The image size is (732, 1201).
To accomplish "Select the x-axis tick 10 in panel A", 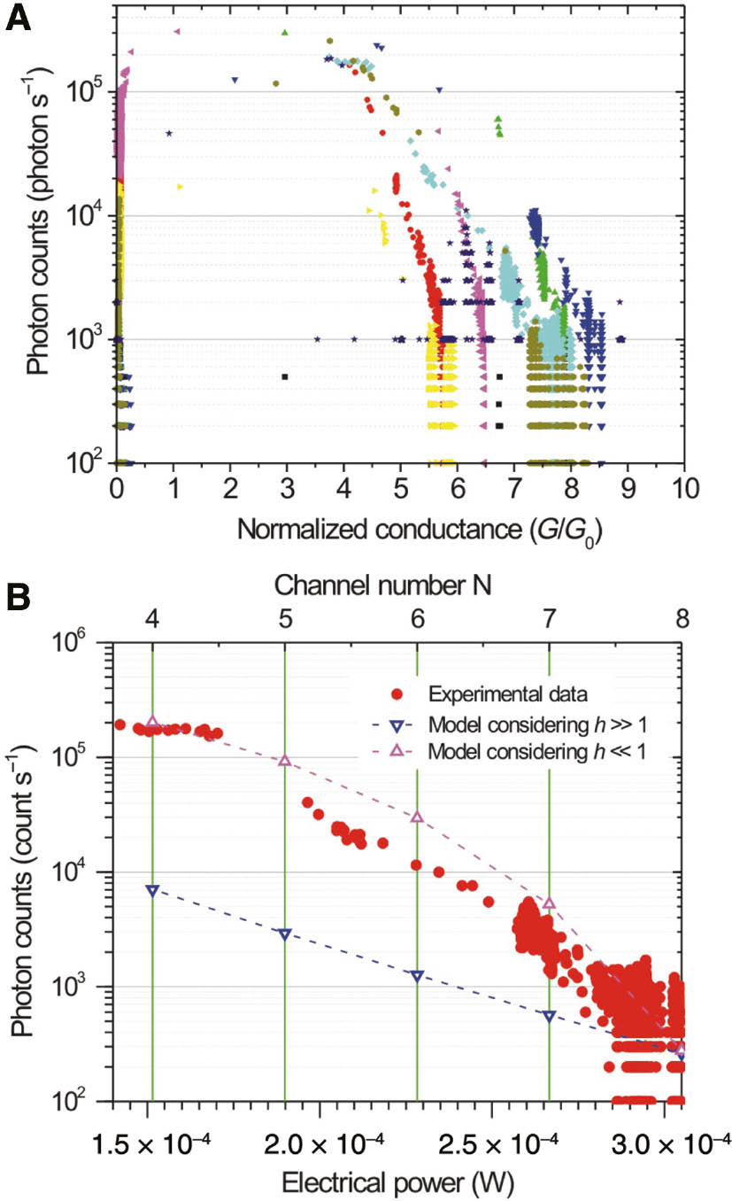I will pyautogui.click(x=683, y=487).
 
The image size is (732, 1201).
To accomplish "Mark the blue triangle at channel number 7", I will pyautogui.click(x=550, y=1016).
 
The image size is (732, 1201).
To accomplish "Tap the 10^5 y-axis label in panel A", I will pyautogui.click(x=86, y=90).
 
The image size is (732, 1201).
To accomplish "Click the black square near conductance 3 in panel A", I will pyautogui.click(x=285, y=376).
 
